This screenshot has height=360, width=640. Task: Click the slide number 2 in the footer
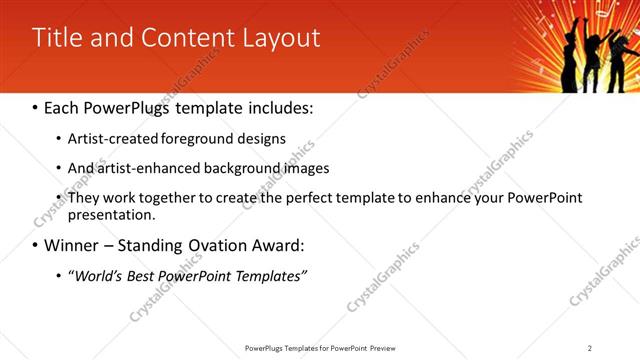pyautogui.click(x=590, y=348)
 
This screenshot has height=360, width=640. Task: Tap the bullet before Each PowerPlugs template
pyautogui.click(x=36, y=105)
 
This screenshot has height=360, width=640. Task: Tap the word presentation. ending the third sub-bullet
pyautogui.click(x=111, y=214)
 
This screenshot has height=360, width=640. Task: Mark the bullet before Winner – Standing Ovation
pyautogui.click(x=36, y=245)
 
